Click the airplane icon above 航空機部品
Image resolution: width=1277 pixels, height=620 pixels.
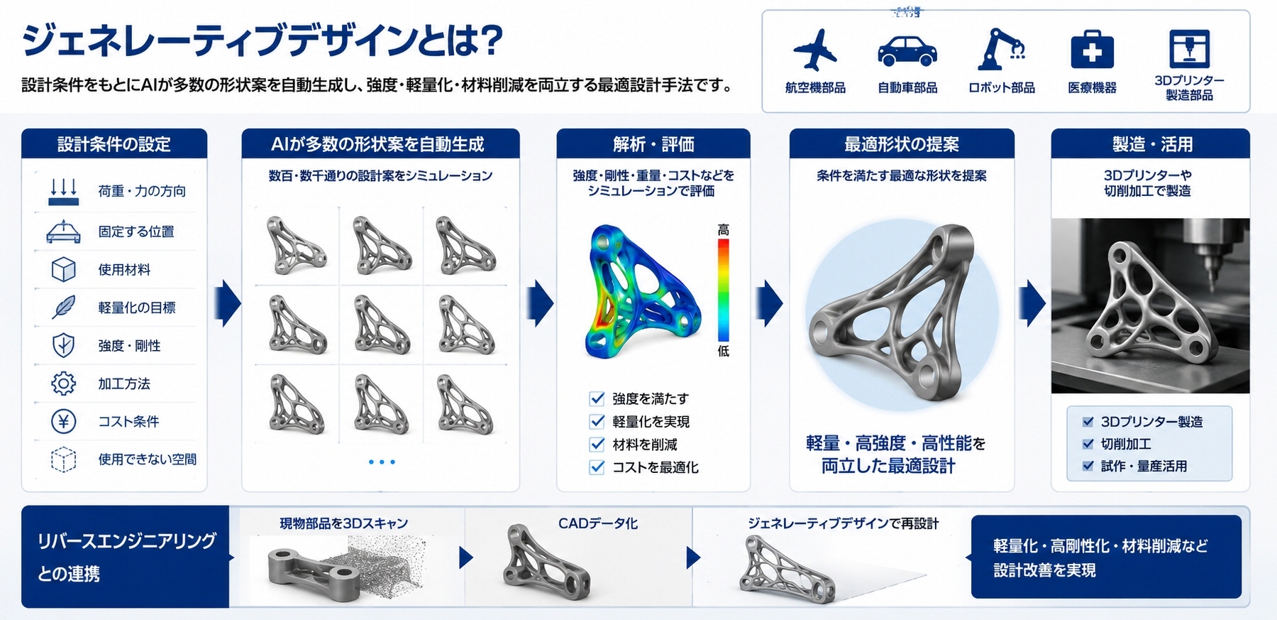tap(815, 50)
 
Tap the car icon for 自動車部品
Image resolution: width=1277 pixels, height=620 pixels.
tap(907, 51)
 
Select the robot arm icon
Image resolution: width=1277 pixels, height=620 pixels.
tap(1001, 49)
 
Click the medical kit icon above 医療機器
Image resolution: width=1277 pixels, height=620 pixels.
tap(1092, 50)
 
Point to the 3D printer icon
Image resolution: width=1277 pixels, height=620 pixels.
tap(1189, 48)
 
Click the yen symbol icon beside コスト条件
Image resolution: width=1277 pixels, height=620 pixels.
tap(64, 421)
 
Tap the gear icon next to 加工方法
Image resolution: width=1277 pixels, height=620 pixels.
tap(64, 384)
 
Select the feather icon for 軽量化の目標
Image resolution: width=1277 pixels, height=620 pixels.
tap(64, 308)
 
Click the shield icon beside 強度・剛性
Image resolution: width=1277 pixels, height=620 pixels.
tap(64, 345)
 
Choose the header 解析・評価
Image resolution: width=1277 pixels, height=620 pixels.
tap(653, 144)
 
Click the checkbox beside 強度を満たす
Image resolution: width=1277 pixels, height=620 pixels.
tap(597, 398)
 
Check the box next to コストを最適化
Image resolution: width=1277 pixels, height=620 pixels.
tap(597, 467)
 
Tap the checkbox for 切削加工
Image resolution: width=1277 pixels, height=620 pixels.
tap(1088, 444)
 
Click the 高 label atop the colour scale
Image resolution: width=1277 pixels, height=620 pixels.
tap(723, 229)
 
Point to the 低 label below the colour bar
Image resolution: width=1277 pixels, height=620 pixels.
tap(723, 351)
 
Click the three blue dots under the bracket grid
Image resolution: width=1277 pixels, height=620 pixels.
tap(382, 462)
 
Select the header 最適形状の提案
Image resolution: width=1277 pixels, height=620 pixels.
tap(902, 144)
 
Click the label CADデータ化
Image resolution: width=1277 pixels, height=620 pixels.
tap(598, 523)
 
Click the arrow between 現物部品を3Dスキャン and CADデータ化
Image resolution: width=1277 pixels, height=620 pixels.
tap(466, 558)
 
